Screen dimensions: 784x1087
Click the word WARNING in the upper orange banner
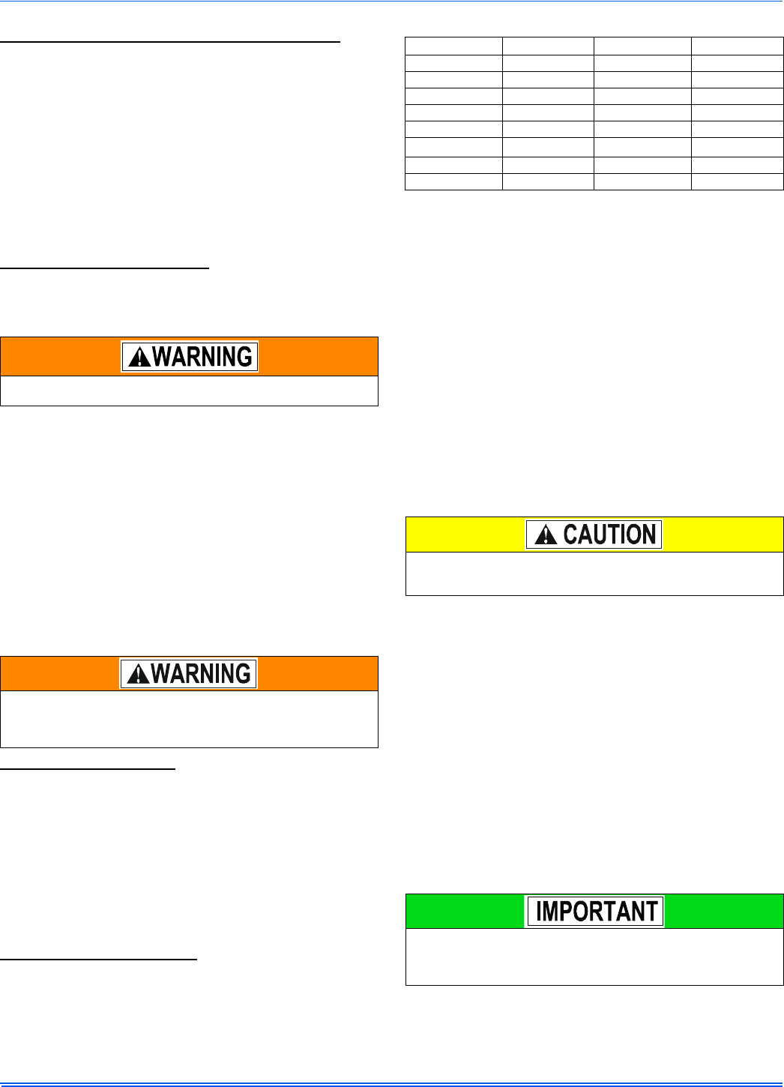click(x=202, y=357)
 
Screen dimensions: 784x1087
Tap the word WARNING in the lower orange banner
click(x=201, y=674)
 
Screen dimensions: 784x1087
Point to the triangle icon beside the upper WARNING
click(x=139, y=358)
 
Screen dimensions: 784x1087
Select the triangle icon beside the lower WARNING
click(x=137, y=675)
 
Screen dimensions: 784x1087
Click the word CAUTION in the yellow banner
click(x=609, y=535)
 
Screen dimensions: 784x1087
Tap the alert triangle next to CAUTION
click(x=546, y=535)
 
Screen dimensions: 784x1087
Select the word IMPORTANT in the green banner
click(x=597, y=912)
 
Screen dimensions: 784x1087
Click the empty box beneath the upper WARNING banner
click(x=189, y=391)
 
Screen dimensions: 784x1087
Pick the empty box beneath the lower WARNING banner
click(x=189, y=719)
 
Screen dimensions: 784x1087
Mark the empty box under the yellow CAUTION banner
click(x=594, y=573)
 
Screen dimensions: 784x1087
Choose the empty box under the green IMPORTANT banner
click(x=594, y=956)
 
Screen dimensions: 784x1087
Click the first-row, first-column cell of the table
click(x=453, y=46)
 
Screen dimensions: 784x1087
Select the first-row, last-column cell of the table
click(x=737, y=46)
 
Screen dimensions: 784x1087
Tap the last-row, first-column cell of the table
click(x=453, y=181)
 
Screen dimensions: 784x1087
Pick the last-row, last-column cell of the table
click(x=737, y=181)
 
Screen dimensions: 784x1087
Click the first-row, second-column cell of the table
click(x=548, y=46)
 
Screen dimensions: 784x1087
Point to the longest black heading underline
click(x=170, y=43)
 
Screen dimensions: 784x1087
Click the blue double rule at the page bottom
click(x=392, y=1084)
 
